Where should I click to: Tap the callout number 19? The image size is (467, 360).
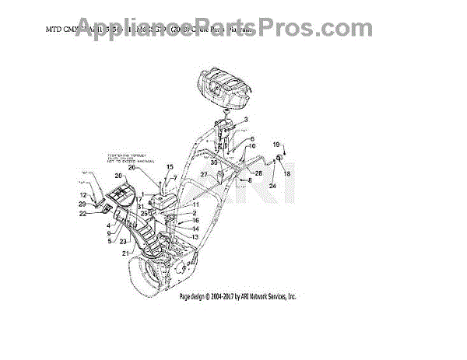click(x=275, y=145)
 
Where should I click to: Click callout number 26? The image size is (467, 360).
click(x=132, y=167)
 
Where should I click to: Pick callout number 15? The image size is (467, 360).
click(x=170, y=167)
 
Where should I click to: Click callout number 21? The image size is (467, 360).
click(x=125, y=253)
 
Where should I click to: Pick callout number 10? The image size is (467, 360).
click(x=252, y=145)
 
